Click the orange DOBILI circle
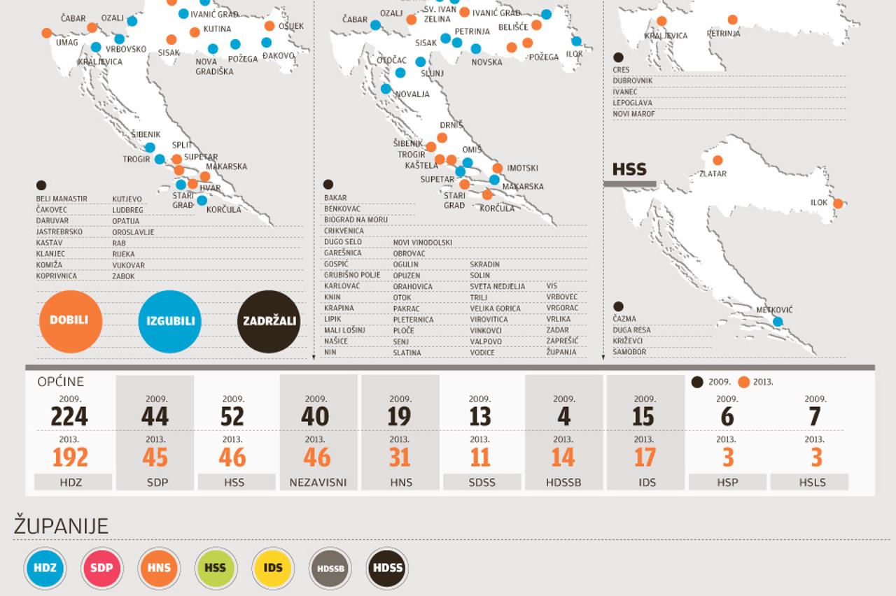71,321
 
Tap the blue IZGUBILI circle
170,321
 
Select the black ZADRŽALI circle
269,321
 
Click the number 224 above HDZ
69,417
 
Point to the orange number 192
71,457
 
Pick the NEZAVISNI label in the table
318,483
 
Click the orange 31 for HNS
400,457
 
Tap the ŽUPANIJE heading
62,527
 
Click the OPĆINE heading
61,382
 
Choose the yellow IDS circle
273,567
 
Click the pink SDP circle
101,567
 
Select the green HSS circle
216,567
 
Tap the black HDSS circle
388,567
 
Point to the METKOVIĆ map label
775,310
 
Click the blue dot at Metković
778,322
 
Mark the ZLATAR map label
713,173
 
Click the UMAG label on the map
67,43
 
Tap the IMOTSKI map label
523,169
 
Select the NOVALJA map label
412,94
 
